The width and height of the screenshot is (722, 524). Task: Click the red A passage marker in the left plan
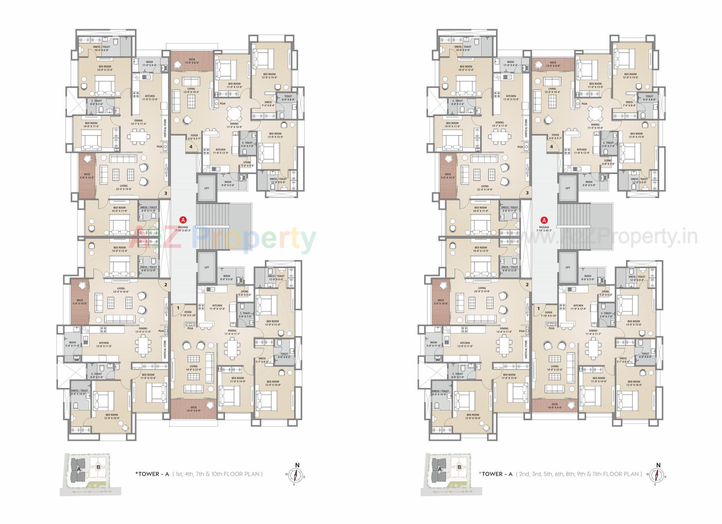click(183, 220)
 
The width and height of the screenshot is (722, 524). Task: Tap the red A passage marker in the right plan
click(544, 220)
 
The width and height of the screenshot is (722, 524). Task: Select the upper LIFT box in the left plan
click(206, 188)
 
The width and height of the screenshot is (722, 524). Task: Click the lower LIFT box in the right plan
click(567, 267)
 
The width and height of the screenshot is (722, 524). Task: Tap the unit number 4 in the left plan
click(191, 147)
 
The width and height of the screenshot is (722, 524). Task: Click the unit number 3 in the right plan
click(527, 193)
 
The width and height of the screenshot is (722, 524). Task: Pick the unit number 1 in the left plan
click(178, 308)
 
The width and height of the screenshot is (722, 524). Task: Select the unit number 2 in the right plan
click(527, 285)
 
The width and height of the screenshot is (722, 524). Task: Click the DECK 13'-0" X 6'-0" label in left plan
click(192, 61)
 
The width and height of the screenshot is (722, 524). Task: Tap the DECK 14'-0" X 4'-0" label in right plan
click(555, 406)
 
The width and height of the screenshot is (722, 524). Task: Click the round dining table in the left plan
click(234, 113)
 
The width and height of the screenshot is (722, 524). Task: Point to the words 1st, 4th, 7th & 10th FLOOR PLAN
click(217, 474)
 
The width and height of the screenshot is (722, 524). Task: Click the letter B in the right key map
click(459, 468)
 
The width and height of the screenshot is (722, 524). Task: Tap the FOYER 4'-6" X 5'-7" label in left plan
click(194, 137)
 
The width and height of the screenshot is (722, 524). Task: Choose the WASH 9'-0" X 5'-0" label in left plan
click(228, 183)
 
